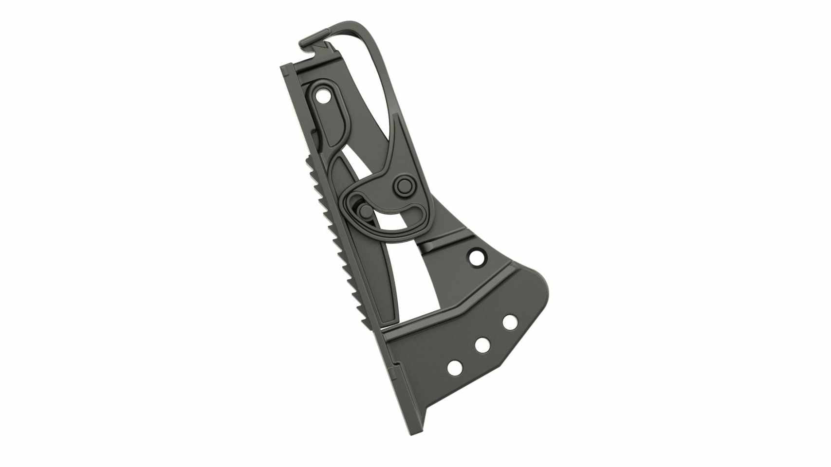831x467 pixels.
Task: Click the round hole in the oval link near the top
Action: pos(322,96)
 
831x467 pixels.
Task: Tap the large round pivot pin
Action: pos(404,185)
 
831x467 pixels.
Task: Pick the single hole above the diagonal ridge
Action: pos(476,257)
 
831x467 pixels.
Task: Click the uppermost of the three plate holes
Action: pos(510,322)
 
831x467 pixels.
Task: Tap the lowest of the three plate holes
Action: pos(455,368)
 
